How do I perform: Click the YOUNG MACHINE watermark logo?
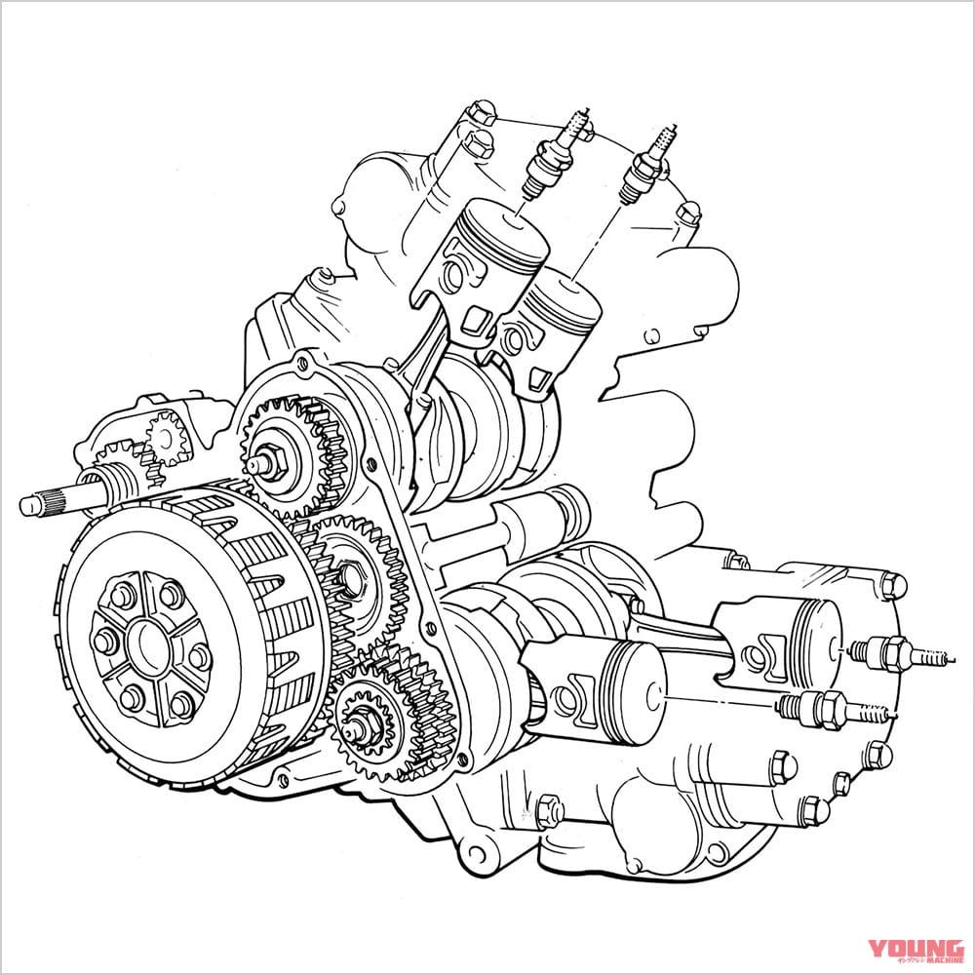click(916, 950)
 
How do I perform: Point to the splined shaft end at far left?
click(39, 504)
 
